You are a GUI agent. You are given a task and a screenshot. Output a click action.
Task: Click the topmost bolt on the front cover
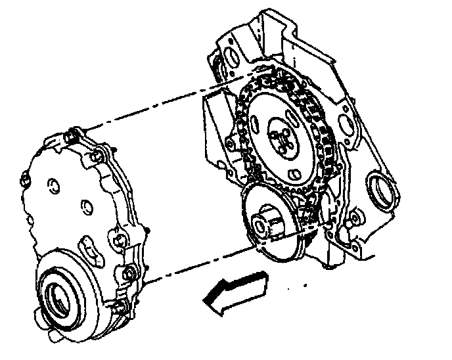[x=72, y=137]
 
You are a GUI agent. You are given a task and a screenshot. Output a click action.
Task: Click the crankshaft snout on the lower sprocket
[x=265, y=224]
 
